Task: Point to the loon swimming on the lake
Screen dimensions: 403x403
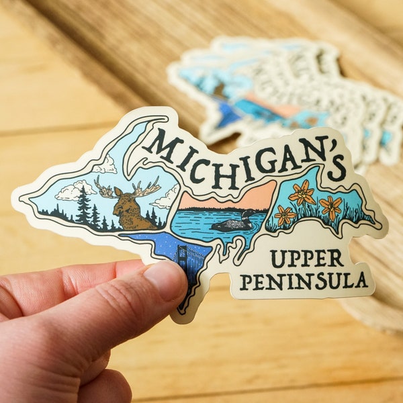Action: (234, 223)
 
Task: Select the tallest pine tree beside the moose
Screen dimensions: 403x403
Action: (83, 205)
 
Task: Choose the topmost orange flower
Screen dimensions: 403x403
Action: (302, 193)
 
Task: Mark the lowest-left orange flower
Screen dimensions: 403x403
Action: (285, 215)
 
